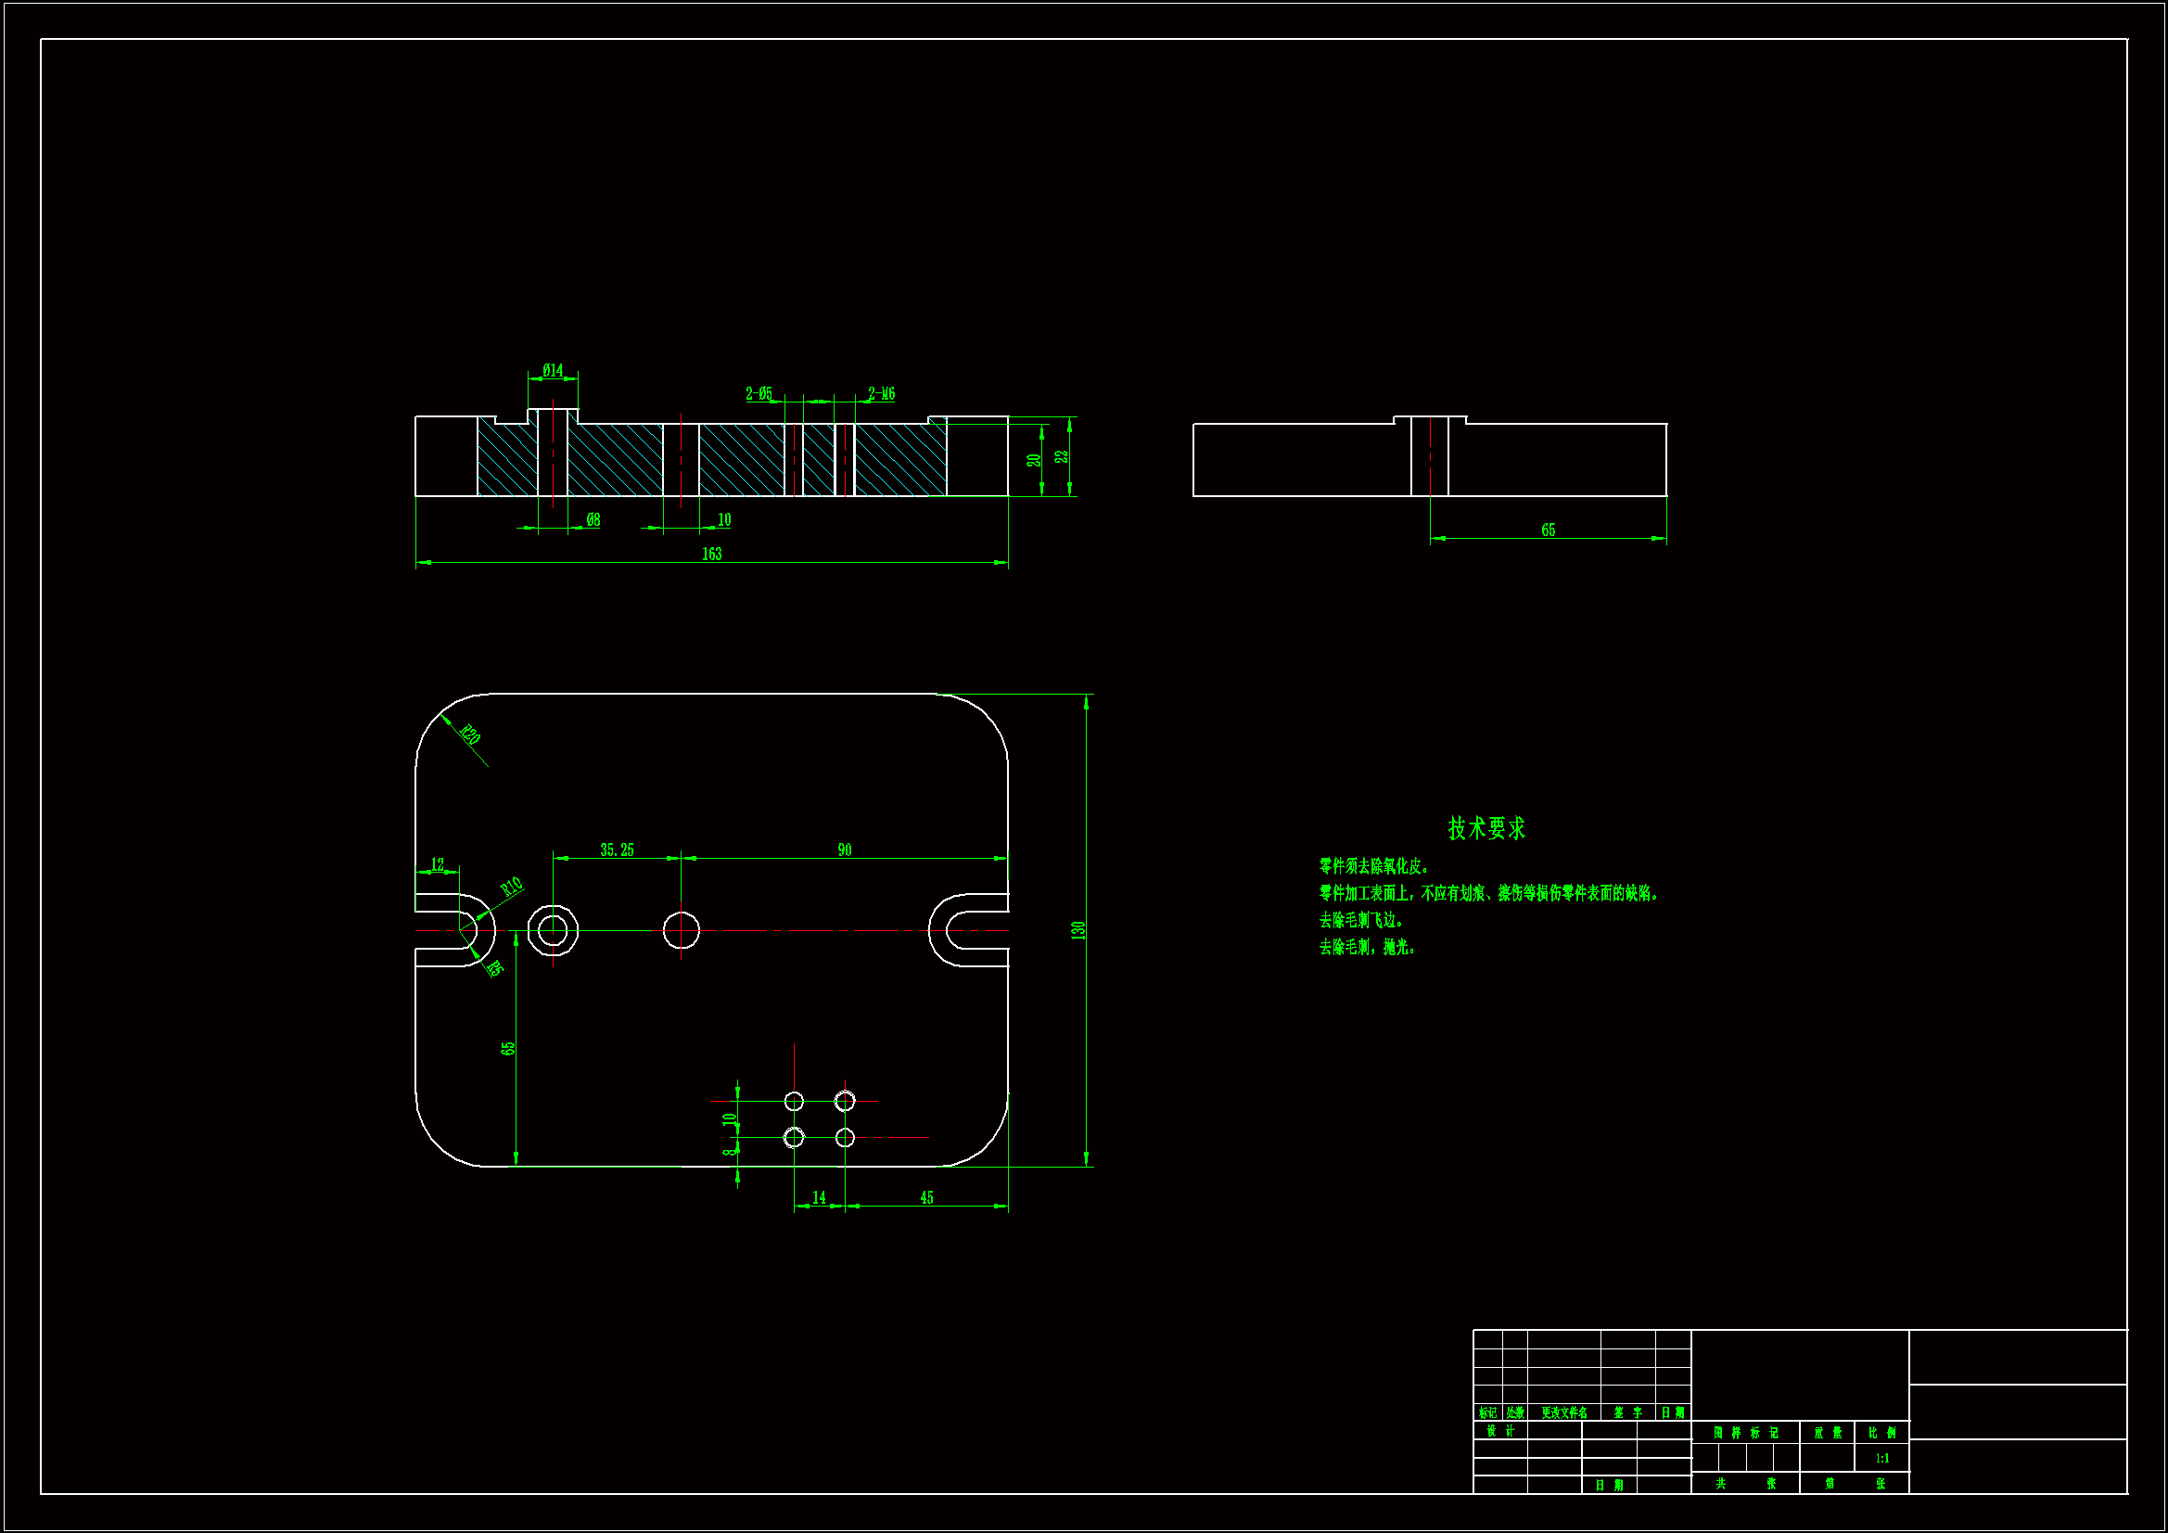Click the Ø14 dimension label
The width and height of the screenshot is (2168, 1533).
point(553,370)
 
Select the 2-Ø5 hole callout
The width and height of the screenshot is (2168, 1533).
point(759,393)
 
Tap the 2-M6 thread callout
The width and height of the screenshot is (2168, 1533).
point(881,393)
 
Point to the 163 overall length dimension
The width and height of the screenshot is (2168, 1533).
point(711,554)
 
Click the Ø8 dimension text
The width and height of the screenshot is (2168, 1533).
point(593,519)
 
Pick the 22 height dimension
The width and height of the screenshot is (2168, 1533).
point(1063,456)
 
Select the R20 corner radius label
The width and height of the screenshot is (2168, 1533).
point(469,734)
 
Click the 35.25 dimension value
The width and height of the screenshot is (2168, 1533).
point(617,850)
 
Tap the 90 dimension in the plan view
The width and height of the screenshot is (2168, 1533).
point(844,850)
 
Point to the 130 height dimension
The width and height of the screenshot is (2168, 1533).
point(1078,929)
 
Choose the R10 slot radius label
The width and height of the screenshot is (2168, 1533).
point(511,887)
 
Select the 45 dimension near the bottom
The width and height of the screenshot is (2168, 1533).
point(926,1197)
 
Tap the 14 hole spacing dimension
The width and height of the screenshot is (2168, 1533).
point(819,1197)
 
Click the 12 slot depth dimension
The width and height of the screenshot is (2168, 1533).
point(437,864)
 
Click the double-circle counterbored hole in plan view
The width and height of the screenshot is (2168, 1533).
point(553,930)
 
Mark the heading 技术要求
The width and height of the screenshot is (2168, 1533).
point(1486,828)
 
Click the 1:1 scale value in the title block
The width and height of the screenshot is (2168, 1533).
point(1881,1459)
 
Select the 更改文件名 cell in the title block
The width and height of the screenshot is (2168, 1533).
point(1563,1413)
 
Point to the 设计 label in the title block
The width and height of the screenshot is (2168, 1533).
point(1500,1431)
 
